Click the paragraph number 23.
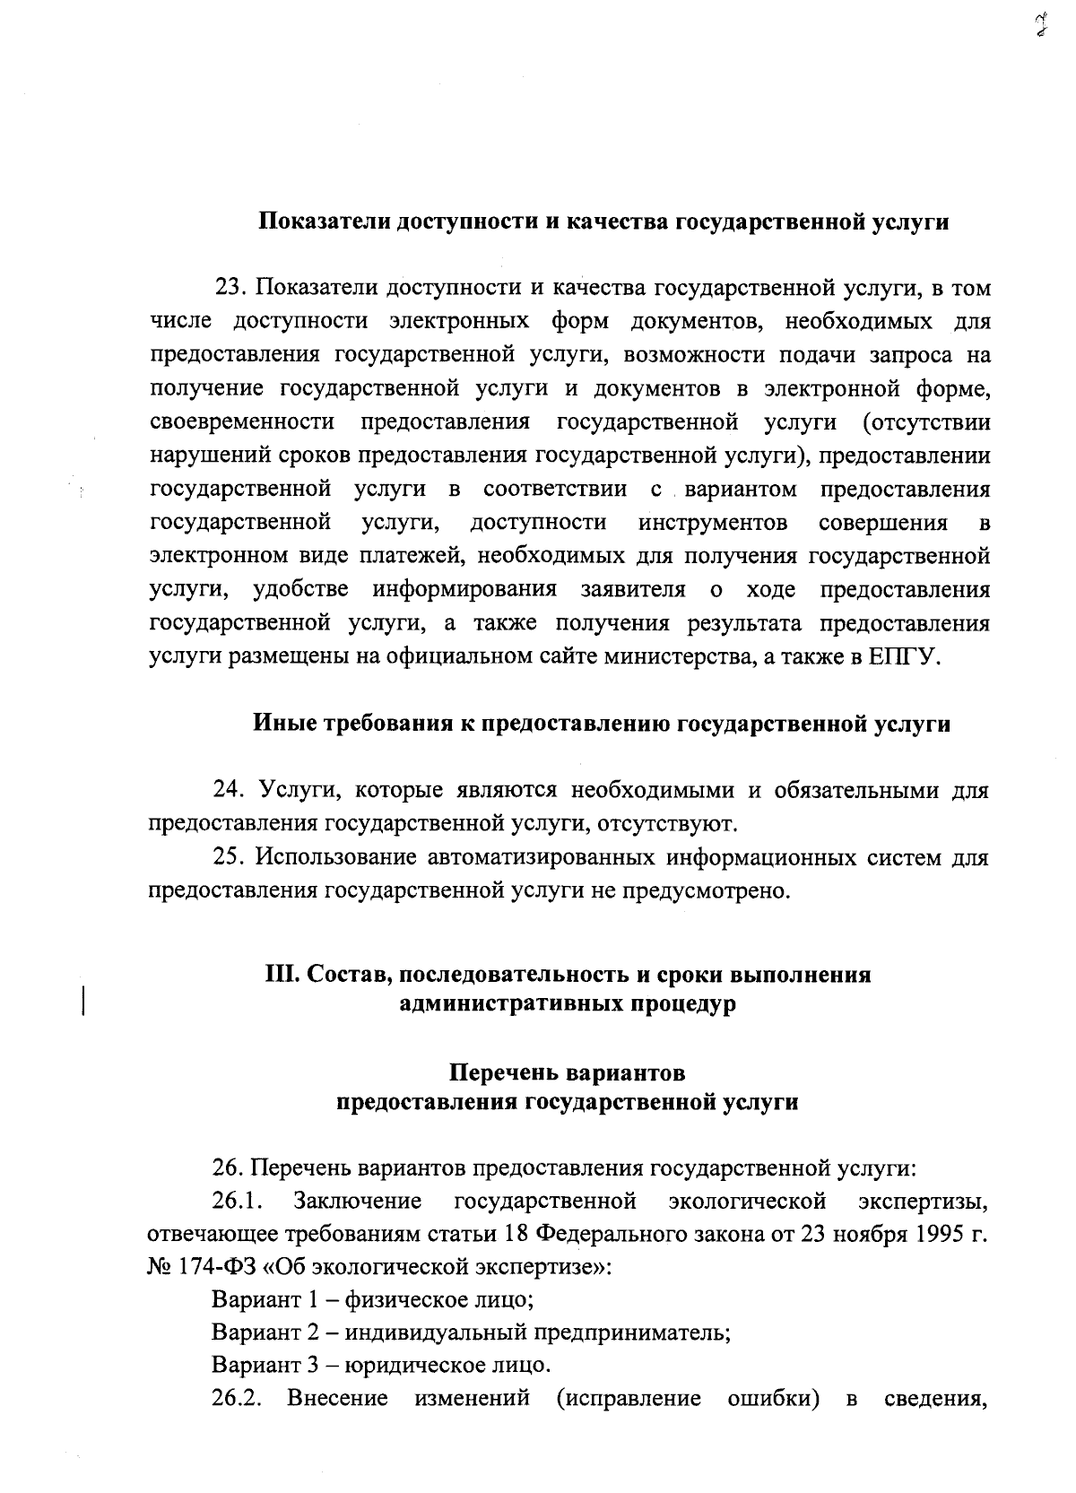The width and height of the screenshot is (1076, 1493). pos(230,288)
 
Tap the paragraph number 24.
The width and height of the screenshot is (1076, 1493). pos(229,790)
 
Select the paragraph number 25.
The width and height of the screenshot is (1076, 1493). pos(229,857)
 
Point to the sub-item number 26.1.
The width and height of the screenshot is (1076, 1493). pos(234,1200)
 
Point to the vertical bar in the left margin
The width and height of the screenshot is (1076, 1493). pos(83,999)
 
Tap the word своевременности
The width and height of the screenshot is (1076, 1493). pos(242,422)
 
